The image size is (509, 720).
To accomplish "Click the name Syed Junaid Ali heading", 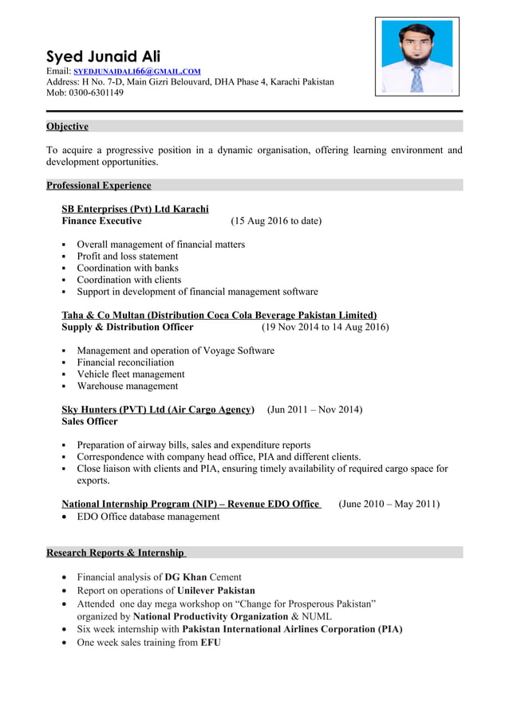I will pyautogui.click(x=103, y=56).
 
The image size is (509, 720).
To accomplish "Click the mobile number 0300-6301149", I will pyautogui.click(x=94, y=92).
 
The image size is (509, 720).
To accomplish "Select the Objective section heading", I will pyautogui.click(x=67, y=126).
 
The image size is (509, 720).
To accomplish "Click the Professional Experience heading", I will pyautogui.click(x=98, y=185).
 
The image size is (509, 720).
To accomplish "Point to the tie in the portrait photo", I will pyautogui.click(x=416, y=79).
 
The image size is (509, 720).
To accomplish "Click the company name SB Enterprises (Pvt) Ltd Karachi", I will pyautogui.click(x=135, y=209).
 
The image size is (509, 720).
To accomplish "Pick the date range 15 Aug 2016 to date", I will pyautogui.click(x=276, y=221).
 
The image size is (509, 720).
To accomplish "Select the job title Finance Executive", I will pyautogui.click(x=101, y=221).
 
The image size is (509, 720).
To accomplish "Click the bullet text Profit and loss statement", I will pyautogui.click(x=127, y=256).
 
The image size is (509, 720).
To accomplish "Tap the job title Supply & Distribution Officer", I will pyautogui.click(x=127, y=327).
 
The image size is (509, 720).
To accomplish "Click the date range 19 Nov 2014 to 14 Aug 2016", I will pyautogui.click(x=325, y=327).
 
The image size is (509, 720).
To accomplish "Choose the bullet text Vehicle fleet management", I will pyautogui.click(x=130, y=374).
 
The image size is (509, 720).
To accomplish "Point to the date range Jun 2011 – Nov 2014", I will pyautogui.click(x=314, y=409).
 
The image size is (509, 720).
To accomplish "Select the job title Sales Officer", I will pyautogui.click(x=89, y=421).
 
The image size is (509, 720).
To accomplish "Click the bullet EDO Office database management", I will pyautogui.click(x=148, y=516).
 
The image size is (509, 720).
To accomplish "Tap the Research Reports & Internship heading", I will pyautogui.click(x=116, y=553).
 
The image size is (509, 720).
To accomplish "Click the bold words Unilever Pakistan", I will pyautogui.click(x=215, y=591).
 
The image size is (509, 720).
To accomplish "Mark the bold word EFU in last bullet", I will pyautogui.click(x=211, y=642).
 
